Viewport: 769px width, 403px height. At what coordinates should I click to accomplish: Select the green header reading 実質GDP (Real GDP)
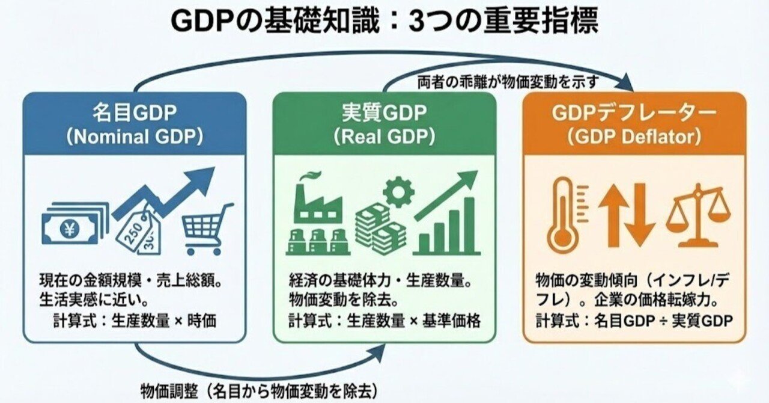tap(384, 124)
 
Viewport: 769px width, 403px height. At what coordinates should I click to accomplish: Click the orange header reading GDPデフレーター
tap(634, 124)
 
